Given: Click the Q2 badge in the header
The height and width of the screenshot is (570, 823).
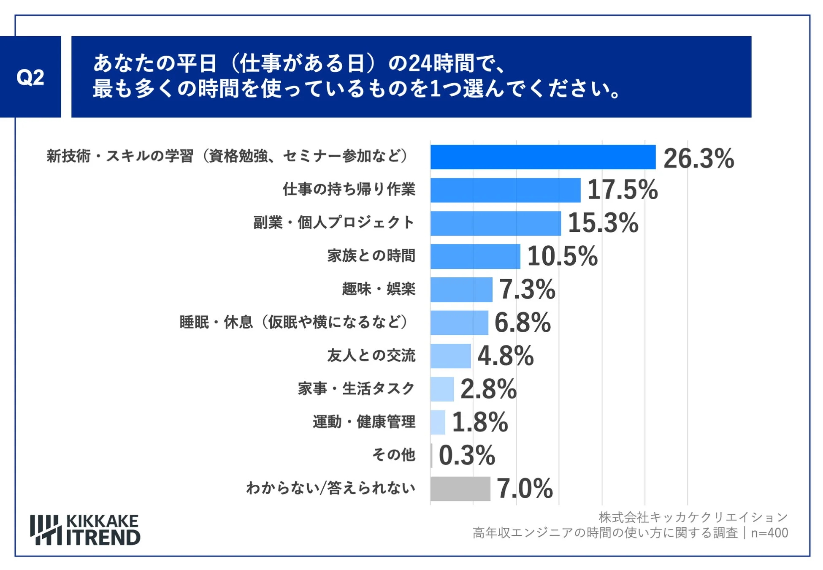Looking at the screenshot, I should point(30,77).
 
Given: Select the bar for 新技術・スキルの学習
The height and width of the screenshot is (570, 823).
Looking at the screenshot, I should point(543,157).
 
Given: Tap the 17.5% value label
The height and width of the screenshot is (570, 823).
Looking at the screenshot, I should point(622,190).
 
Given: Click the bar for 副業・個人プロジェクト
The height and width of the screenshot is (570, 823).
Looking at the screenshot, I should point(495,223).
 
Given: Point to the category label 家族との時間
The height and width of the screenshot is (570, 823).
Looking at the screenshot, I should point(371,256).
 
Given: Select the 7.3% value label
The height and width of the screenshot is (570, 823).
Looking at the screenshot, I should point(527,290).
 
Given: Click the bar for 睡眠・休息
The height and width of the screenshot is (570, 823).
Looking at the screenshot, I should point(459,323).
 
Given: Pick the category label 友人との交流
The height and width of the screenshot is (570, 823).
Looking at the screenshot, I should point(371,356).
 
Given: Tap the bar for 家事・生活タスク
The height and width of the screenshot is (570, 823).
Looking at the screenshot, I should point(442,389).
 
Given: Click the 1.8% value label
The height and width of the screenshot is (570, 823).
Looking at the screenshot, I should point(480,422).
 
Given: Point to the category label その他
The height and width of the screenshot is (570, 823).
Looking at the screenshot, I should point(393,455).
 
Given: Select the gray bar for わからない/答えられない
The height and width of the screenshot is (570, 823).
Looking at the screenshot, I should point(460,489).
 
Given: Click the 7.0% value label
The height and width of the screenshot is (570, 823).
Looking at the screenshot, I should point(525,489).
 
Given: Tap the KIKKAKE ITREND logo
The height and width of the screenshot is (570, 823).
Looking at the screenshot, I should point(85,530).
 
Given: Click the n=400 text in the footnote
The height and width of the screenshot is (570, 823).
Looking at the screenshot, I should point(769,533).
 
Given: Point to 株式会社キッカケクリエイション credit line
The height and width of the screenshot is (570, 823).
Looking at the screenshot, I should point(693,517).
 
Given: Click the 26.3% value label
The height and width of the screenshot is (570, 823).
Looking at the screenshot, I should point(698,159).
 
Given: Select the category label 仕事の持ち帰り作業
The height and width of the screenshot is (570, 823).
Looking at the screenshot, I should point(349,189).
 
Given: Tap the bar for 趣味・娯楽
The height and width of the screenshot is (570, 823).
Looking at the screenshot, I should point(461,290).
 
